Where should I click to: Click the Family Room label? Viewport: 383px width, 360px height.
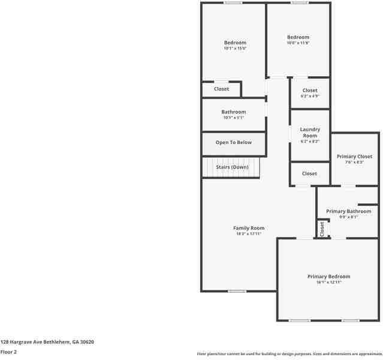tap(249, 228)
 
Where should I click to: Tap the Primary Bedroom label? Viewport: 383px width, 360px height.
tap(328, 277)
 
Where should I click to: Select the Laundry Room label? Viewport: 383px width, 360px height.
tap(310, 133)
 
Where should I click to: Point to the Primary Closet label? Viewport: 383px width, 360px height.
tap(354, 157)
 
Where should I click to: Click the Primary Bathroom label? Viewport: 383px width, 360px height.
tap(348, 211)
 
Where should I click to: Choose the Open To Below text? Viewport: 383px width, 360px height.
tap(234, 143)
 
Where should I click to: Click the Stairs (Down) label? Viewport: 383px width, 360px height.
tap(232, 167)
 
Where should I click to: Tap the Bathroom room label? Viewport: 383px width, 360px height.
tap(234, 112)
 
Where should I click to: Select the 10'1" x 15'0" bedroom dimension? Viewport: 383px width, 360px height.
tap(235, 49)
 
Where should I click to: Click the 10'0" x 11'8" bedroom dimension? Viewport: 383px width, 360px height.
tap(298, 43)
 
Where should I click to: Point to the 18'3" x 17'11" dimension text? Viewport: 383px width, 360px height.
tap(249, 234)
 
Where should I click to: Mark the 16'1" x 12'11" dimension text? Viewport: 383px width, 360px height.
tap(328, 283)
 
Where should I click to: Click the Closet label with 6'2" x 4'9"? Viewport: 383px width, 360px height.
tap(310, 91)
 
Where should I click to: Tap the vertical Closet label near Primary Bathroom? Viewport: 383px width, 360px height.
tap(322, 228)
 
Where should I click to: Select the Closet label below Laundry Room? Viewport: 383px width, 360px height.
tap(309, 173)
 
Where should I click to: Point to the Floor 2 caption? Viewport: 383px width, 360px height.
tap(8, 352)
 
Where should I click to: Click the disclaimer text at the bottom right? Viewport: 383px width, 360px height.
tap(289, 354)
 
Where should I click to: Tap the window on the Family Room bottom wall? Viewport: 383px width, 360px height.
tap(237, 292)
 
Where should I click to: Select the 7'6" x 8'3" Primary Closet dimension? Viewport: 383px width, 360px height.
tap(354, 163)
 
